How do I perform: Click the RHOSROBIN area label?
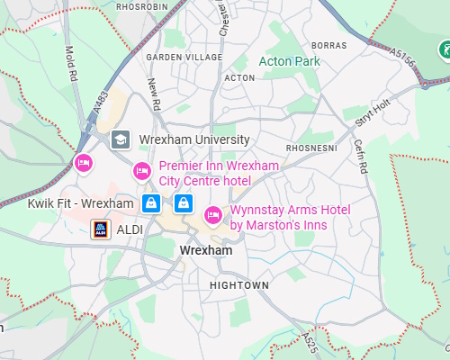click(x=141, y=5)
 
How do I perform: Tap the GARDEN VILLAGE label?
click(x=184, y=57)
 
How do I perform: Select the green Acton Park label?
click(x=289, y=61)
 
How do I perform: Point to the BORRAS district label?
click(x=328, y=45)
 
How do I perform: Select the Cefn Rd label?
click(x=360, y=156)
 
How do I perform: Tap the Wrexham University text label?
click(x=193, y=139)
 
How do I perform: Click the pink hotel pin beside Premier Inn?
click(x=141, y=171)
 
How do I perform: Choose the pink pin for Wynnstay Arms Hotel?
click(x=213, y=214)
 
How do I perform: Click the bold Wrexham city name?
click(x=206, y=250)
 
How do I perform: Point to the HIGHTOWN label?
click(x=238, y=285)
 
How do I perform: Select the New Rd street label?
click(x=155, y=94)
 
